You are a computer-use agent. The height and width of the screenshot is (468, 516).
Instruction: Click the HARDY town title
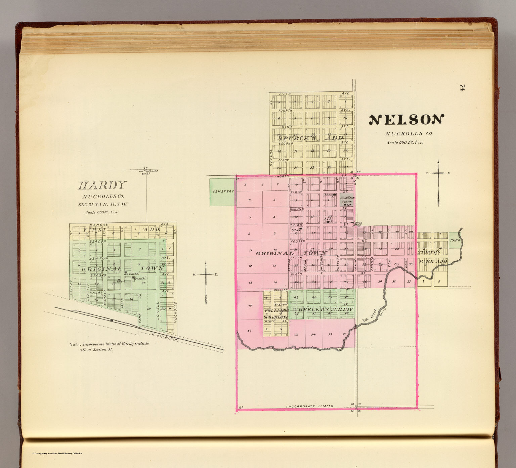tap(102, 185)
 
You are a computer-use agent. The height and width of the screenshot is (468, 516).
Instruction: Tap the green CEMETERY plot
tap(222, 192)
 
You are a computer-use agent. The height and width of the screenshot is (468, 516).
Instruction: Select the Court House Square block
tap(346, 200)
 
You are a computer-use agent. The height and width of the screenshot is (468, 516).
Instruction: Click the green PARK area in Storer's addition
tap(455, 241)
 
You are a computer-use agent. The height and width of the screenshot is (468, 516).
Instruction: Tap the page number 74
tap(462, 88)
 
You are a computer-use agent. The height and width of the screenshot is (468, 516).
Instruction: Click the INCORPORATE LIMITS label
tap(309, 406)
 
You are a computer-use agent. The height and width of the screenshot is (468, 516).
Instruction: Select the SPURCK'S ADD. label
tap(311, 138)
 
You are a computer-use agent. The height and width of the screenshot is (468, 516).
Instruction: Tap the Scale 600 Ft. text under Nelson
tap(405, 142)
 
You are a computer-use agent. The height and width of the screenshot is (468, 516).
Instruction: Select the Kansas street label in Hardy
tap(99, 224)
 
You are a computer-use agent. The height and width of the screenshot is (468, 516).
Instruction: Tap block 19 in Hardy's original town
tap(149, 308)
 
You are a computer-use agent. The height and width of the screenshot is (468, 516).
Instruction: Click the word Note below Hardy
tap(75, 344)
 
